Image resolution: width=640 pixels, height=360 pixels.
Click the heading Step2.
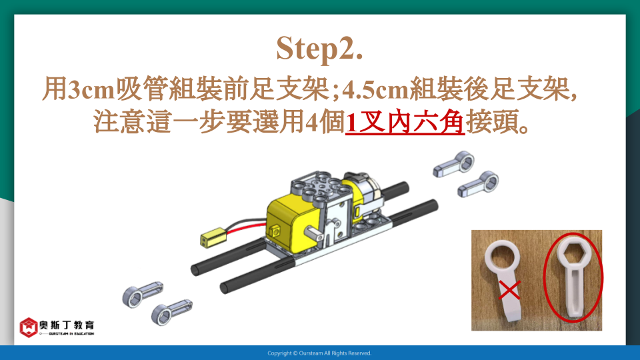tap(319, 49)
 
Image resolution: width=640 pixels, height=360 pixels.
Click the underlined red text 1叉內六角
tap(405, 121)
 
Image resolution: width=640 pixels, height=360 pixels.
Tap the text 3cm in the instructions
tap(90, 89)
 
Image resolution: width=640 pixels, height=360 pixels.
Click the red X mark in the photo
tap(509, 290)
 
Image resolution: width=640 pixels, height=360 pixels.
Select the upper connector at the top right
tap(454, 164)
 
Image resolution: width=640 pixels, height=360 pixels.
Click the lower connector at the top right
tap(478, 185)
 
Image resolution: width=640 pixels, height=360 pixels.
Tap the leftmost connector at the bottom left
tap(143, 294)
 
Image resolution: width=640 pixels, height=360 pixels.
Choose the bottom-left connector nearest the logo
tap(171, 312)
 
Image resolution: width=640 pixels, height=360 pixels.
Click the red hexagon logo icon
tap(29, 327)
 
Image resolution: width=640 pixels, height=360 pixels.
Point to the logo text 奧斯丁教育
tap(67, 325)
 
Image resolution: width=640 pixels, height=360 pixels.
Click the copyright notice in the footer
tap(319, 353)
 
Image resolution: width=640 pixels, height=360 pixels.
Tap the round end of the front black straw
tap(225, 287)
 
